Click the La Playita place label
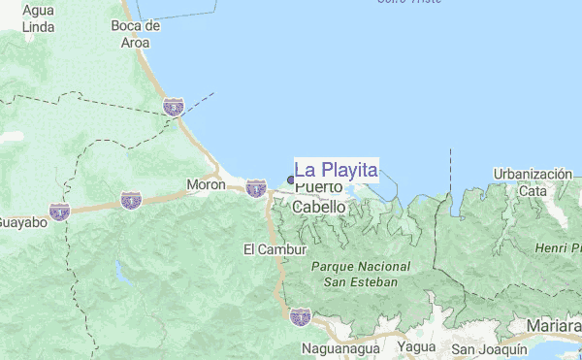(x=336, y=170)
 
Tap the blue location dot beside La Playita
(x=291, y=179)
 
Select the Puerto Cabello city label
(x=319, y=197)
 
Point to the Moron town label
(x=206, y=184)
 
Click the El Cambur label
(x=263, y=249)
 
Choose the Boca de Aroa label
(x=135, y=33)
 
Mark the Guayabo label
(x=21, y=222)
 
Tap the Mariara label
(x=554, y=325)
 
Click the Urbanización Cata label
(x=533, y=181)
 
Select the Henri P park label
(x=557, y=249)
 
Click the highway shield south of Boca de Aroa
(x=174, y=107)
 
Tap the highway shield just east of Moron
(x=256, y=187)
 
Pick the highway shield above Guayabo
(x=60, y=210)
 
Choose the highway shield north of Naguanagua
(x=301, y=315)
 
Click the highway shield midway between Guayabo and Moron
(x=131, y=200)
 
